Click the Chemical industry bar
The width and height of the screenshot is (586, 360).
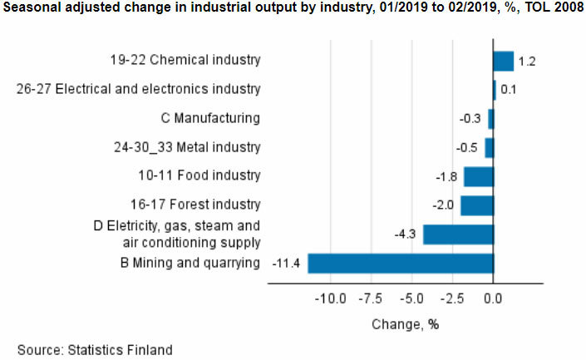coord(504,61)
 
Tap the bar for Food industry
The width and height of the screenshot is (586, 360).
coord(479,176)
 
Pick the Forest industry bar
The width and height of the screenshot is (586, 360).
coord(477,205)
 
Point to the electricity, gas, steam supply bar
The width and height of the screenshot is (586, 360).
coord(458,234)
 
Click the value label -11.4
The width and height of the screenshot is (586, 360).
coord(287,264)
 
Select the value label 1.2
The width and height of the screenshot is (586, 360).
coord(526,62)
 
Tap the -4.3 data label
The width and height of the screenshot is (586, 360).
coord(406,234)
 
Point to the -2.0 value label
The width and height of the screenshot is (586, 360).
coord(443,205)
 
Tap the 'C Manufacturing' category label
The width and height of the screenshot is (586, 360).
coord(211,118)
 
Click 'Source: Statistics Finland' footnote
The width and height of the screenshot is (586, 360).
coord(96,349)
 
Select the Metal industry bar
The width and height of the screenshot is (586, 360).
coord(490,148)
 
